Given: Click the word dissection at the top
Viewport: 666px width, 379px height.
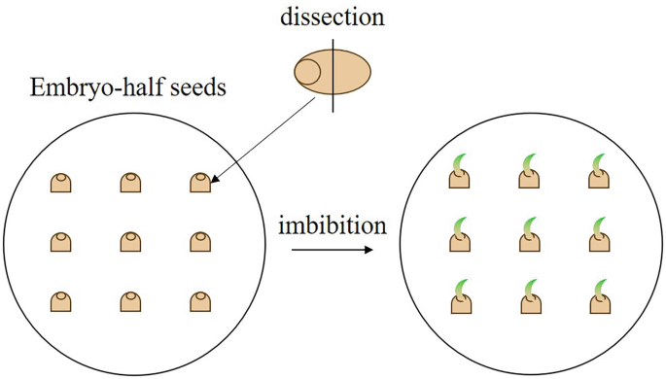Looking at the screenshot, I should pyautogui.click(x=333, y=17).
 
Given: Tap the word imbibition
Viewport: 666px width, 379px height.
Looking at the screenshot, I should pyautogui.click(x=333, y=226).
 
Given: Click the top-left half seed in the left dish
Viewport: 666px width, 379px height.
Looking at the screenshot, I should pyautogui.click(x=61, y=183).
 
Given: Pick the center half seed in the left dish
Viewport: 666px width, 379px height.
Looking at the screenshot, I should pyautogui.click(x=131, y=241).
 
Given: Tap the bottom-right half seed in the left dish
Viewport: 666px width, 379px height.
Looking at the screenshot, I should pyautogui.click(x=199, y=300).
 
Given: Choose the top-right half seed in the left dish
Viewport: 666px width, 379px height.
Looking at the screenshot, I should pyautogui.click(x=199, y=183).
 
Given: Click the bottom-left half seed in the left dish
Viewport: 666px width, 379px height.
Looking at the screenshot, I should pyautogui.click(x=61, y=300).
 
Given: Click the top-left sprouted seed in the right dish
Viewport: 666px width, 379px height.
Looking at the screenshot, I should pyautogui.click(x=461, y=175).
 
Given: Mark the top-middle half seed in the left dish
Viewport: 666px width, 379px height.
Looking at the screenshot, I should pyautogui.click(x=131, y=183).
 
